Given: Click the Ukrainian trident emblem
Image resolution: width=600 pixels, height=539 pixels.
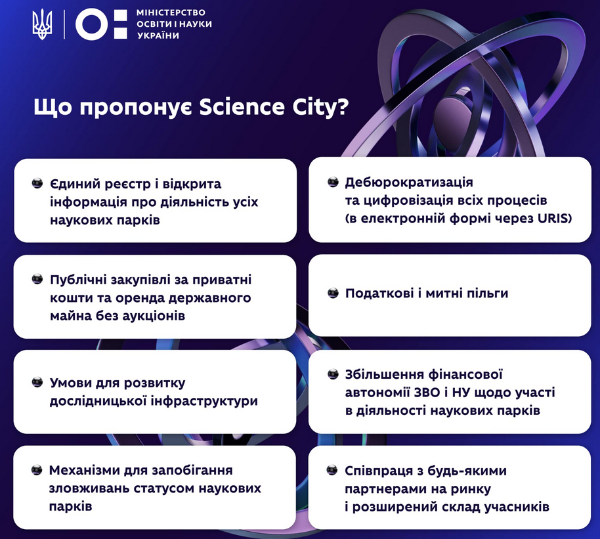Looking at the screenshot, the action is [42, 25].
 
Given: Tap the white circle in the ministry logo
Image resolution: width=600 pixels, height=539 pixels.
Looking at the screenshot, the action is [92, 24].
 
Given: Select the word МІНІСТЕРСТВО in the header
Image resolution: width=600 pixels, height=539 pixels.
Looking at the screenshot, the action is [171, 12].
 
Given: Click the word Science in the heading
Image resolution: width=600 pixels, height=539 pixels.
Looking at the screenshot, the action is [242, 107].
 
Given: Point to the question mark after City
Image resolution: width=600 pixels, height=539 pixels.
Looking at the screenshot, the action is [343, 107].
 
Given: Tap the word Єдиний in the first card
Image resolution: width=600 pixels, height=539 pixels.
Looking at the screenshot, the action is [75, 184].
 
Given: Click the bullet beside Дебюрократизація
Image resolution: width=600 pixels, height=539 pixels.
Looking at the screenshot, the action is [333, 182].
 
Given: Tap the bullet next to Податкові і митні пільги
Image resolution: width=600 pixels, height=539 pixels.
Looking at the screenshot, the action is [333, 293].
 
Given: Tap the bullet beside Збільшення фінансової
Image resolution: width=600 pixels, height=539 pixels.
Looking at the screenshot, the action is [333, 374].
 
